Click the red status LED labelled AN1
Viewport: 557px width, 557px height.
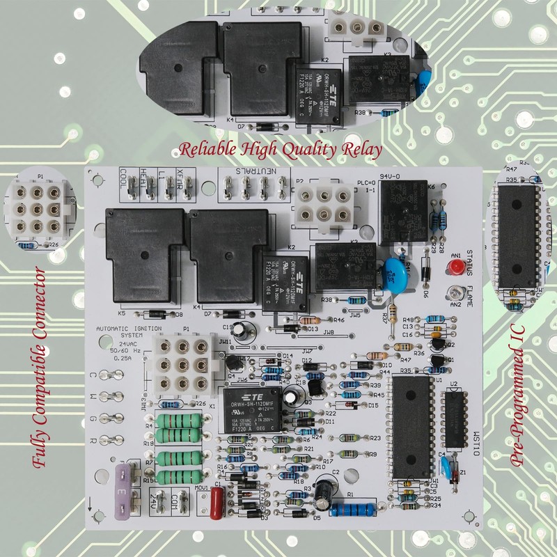tap(457, 267)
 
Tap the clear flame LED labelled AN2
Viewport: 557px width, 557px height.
tap(456, 292)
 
